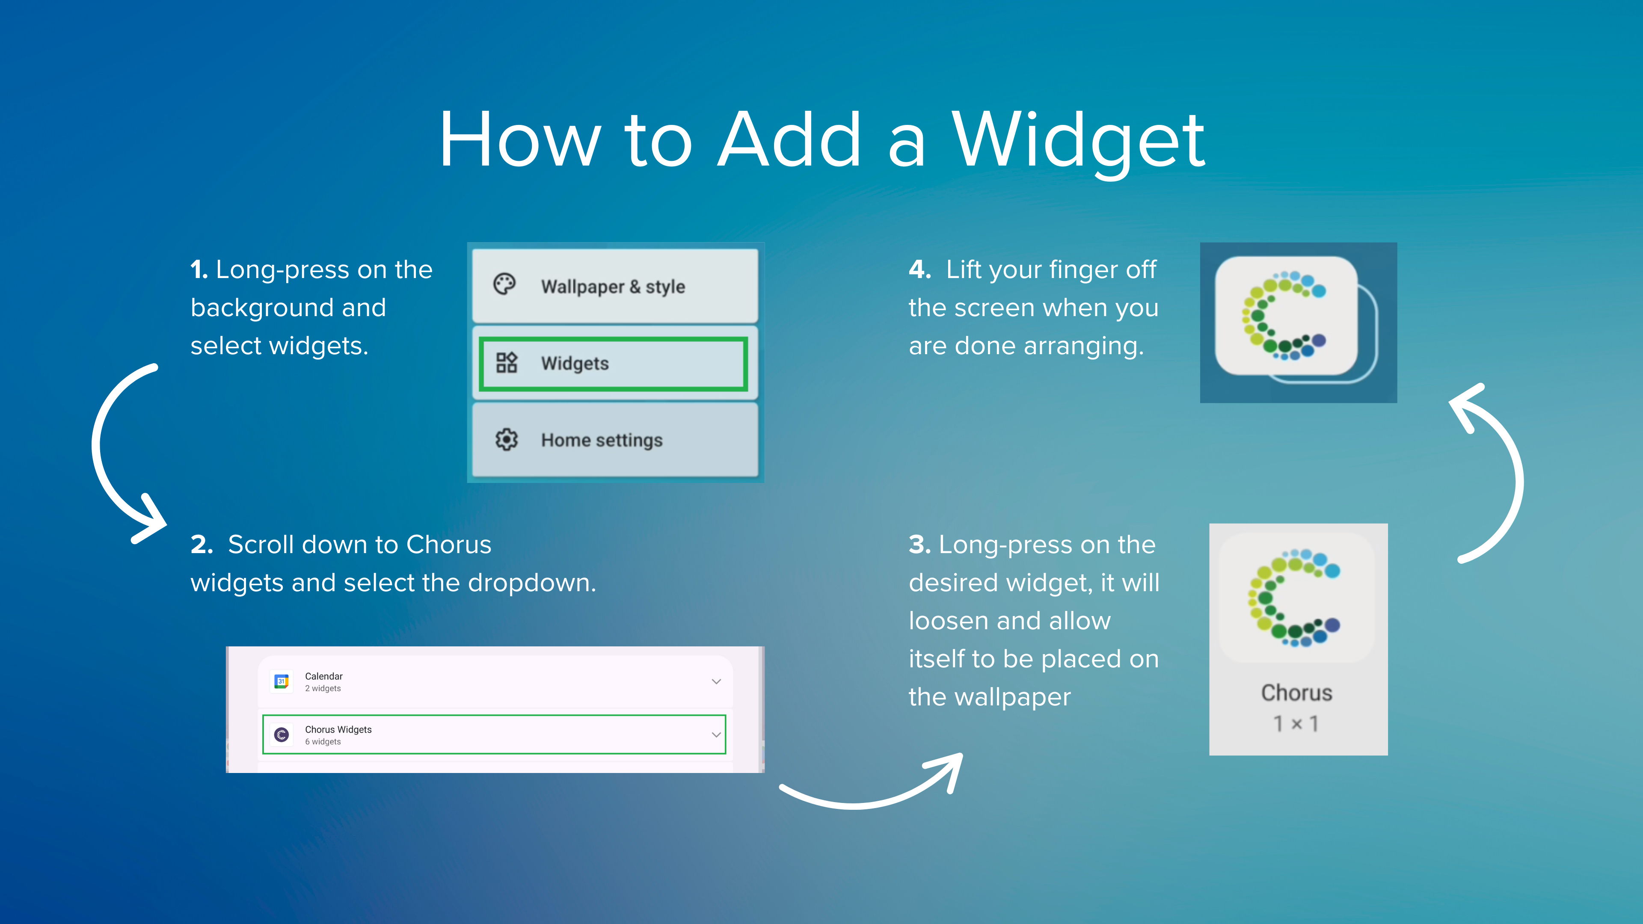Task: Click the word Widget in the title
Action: [1079, 141]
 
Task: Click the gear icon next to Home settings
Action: [507, 439]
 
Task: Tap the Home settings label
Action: [602, 440]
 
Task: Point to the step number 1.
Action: [199, 270]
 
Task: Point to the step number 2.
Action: [202, 545]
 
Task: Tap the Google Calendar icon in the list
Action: [281, 681]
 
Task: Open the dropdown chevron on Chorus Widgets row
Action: [716, 734]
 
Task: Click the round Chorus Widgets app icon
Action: [281, 734]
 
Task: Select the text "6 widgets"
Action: [323, 742]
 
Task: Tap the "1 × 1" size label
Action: [1296, 724]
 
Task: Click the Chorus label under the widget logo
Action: [1297, 693]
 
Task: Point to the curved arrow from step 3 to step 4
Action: [1519, 472]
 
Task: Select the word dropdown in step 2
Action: [532, 583]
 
